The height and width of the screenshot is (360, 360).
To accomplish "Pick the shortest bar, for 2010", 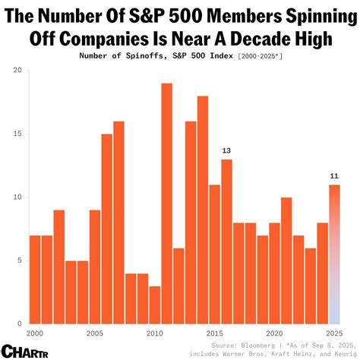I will click(155, 305).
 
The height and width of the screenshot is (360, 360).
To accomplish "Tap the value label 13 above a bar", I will click(226, 150).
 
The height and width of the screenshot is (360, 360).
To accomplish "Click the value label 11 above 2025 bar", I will click(333, 176).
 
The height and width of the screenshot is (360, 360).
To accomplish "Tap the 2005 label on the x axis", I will click(95, 333).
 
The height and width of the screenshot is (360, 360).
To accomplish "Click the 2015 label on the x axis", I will click(214, 333).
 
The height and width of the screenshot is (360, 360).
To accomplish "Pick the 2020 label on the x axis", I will click(274, 333).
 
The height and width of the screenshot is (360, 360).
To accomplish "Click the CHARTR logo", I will click(22, 350).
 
